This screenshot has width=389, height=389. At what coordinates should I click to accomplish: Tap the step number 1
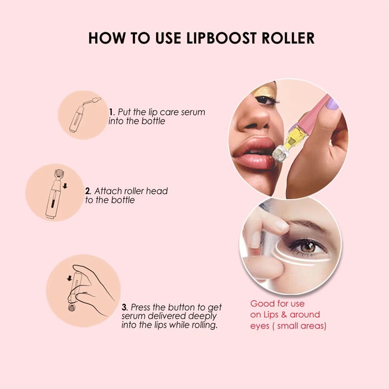(111, 112)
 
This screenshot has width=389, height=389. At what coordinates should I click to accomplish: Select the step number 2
(87, 191)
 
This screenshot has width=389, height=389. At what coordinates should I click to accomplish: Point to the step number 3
(124, 307)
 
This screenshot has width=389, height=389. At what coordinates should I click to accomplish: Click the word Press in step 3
(141, 307)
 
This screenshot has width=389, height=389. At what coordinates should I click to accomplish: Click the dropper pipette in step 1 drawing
(92, 101)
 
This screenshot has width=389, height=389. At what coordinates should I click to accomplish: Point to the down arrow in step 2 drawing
(65, 186)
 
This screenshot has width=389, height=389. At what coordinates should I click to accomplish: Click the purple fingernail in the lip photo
(332, 104)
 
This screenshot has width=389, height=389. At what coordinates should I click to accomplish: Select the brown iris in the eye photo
(307, 247)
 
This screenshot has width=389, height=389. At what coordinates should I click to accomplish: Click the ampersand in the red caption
(284, 315)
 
